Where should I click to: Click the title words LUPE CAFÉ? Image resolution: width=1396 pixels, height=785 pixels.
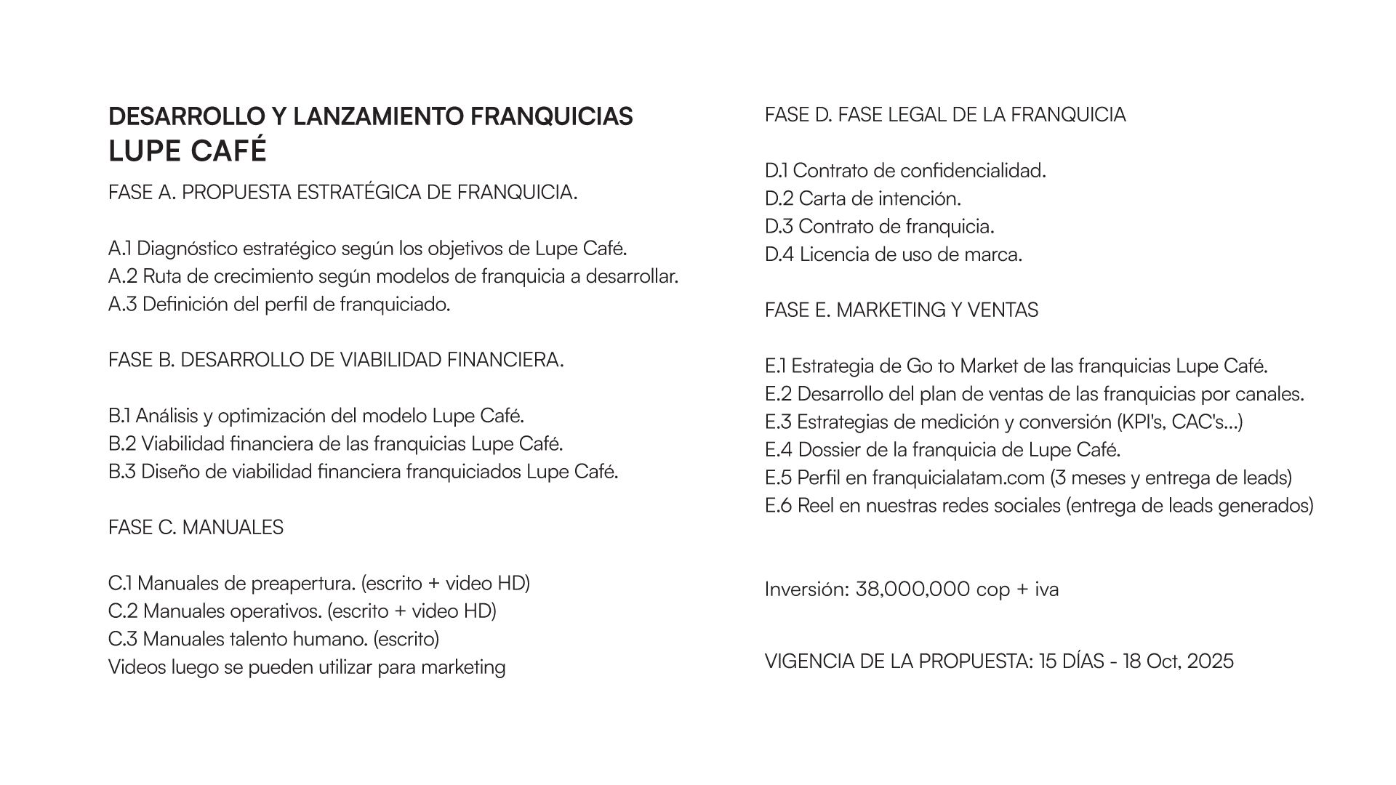point(188,151)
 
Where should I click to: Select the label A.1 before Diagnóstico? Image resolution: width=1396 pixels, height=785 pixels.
point(120,249)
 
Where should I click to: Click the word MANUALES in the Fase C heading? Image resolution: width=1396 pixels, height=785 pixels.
point(233,528)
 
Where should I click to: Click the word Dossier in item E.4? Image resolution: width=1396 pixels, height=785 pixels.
point(830,450)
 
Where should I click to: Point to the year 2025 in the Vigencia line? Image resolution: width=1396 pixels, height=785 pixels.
point(1211,661)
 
